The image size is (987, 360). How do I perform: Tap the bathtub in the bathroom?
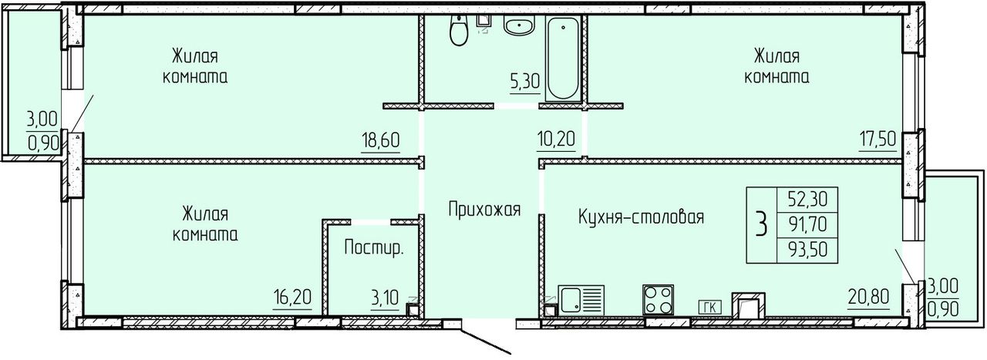[x=563, y=59]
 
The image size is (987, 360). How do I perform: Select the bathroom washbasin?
[x=519, y=25]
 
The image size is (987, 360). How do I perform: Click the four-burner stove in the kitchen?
[x=658, y=300]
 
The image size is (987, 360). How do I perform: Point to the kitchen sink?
[x=581, y=300]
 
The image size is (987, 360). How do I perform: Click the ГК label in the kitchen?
[x=710, y=307]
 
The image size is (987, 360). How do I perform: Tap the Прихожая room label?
[x=484, y=210]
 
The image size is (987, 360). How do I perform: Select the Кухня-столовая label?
[x=641, y=217]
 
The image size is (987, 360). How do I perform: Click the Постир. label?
[x=374, y=248]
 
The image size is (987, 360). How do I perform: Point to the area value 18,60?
[x=381, y=140]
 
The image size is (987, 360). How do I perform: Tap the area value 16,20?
[x=292, y=297]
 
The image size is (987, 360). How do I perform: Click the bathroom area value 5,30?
[x=525, y=82]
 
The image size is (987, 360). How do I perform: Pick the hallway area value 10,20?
[x=556, y=140]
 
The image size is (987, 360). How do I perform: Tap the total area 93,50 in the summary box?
[x=807, y=250]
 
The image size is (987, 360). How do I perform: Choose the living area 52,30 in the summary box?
[x=807, y=200]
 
